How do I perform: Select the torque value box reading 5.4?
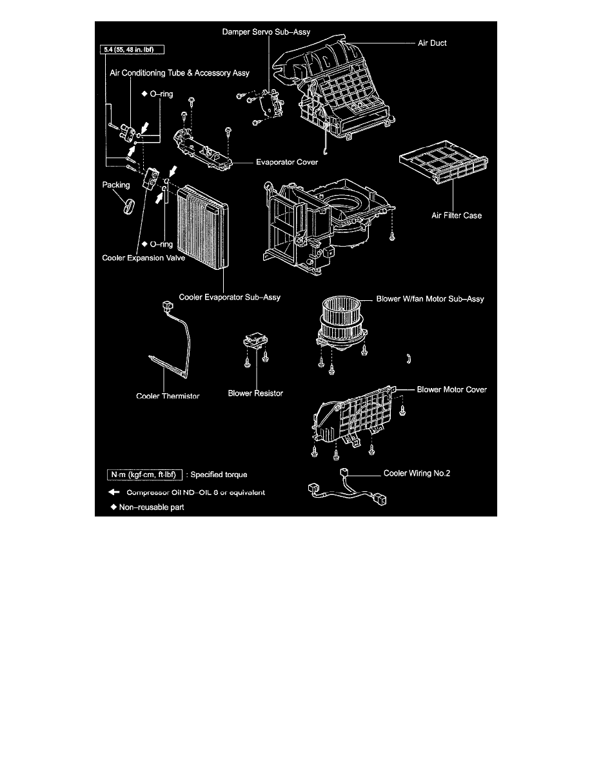[132, 48]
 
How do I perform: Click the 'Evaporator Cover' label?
[287, 163]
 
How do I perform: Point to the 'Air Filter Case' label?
[456, 216]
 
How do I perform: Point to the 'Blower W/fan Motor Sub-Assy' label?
[429, 300]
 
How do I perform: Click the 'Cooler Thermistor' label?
[168, 396]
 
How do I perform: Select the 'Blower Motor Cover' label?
[451, 389]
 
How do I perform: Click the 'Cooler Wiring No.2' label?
[417, 473]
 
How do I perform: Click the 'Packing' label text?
[117, 185]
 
